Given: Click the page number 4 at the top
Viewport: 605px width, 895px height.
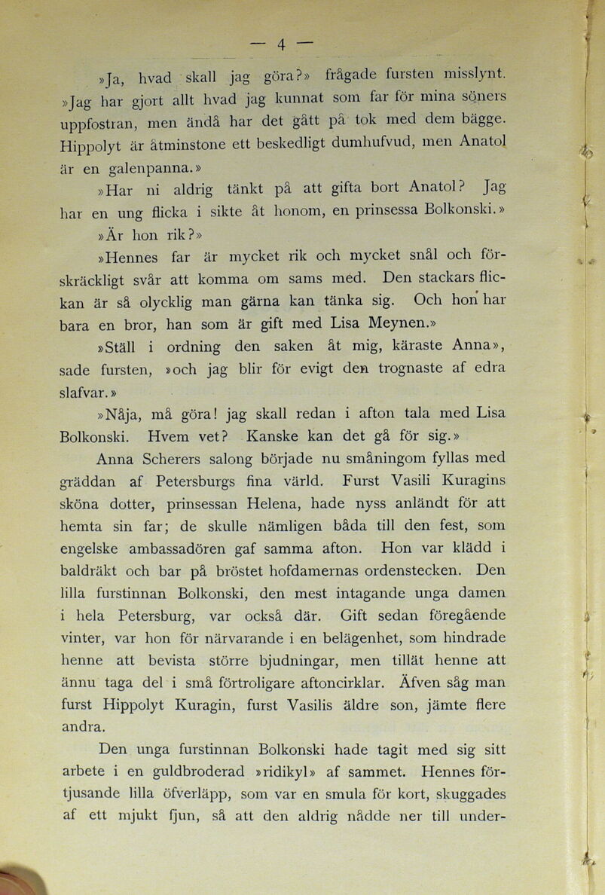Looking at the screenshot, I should tap(280, 44).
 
